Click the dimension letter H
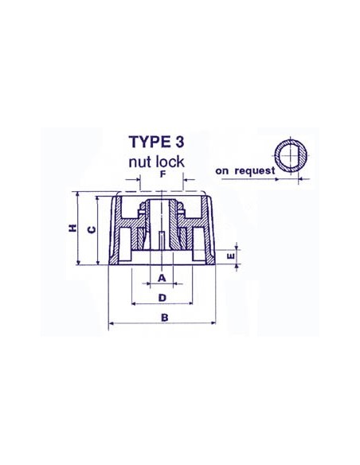click(72, 229)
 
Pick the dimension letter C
click(91, 230)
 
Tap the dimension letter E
click(230, 256)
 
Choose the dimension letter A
click(162, 278)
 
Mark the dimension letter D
click(162, 298)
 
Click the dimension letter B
click(165, 318)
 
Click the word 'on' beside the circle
click(223, 170)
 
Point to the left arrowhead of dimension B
click(112, 325)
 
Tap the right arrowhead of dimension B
click(217, 325)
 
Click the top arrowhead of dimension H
click(77, 195)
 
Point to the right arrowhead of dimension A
click(173, 284)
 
